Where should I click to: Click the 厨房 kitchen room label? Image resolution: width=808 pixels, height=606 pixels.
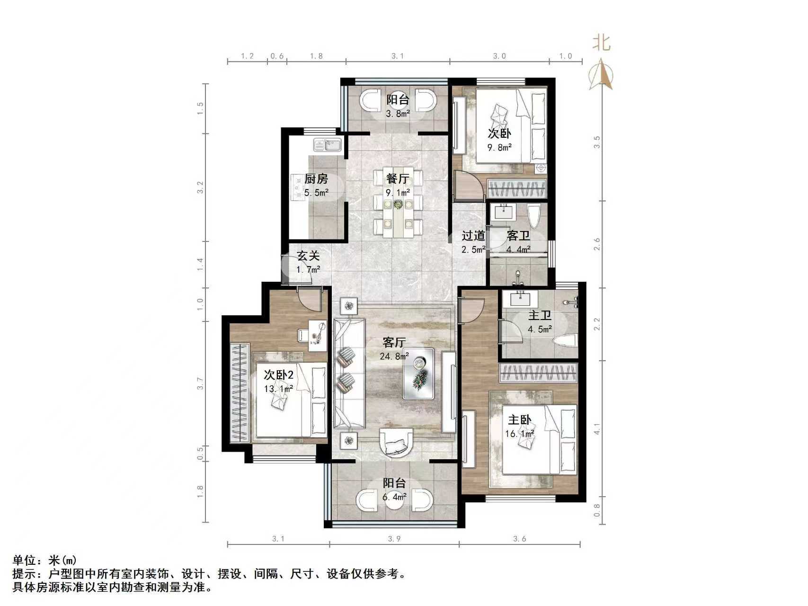[316, 179]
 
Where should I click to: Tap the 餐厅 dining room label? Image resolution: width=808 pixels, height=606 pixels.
[397, 179]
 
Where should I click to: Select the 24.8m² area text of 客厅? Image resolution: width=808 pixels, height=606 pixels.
[394, 356]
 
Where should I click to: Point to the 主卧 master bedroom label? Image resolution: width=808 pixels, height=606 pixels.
[519, 420]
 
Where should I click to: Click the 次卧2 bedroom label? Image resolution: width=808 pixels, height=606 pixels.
[278, 375]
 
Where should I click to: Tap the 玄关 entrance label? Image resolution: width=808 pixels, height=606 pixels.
[308, 256]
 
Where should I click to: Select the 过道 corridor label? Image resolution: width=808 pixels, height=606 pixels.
[473, 235]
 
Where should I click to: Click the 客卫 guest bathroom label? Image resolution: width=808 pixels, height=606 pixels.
[518, 235]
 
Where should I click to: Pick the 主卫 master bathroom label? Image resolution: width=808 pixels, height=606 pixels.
[540, 315]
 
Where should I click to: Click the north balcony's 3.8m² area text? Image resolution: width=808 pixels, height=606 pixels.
[398, 114]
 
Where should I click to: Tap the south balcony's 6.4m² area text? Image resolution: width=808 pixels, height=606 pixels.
[394, 497]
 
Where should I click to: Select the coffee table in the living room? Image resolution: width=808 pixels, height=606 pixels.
[418, 373]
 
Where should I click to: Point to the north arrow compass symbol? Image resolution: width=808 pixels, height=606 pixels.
[601, 73]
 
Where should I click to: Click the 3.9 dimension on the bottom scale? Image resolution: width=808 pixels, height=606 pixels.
[394, 539]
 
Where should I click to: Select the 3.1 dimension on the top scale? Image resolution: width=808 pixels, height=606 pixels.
[398, 56]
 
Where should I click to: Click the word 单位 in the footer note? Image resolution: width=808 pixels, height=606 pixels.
[24, 561]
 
